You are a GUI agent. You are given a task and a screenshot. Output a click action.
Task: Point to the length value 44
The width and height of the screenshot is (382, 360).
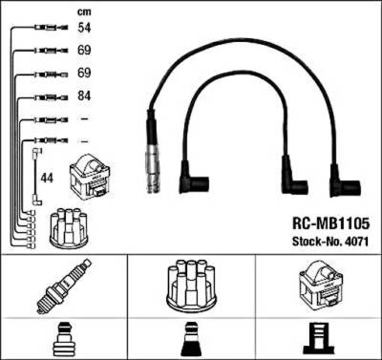click(47, 178)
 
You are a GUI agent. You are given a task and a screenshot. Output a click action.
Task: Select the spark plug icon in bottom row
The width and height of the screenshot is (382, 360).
click(63, 286)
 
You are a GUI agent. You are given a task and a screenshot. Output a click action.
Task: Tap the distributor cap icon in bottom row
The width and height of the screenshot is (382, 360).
click(190, 285)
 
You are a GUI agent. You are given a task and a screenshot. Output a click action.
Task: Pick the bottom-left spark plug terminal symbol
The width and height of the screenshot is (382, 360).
click(63, 339)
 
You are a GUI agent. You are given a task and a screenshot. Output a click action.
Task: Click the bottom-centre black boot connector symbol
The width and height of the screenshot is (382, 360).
click(190, 339)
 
